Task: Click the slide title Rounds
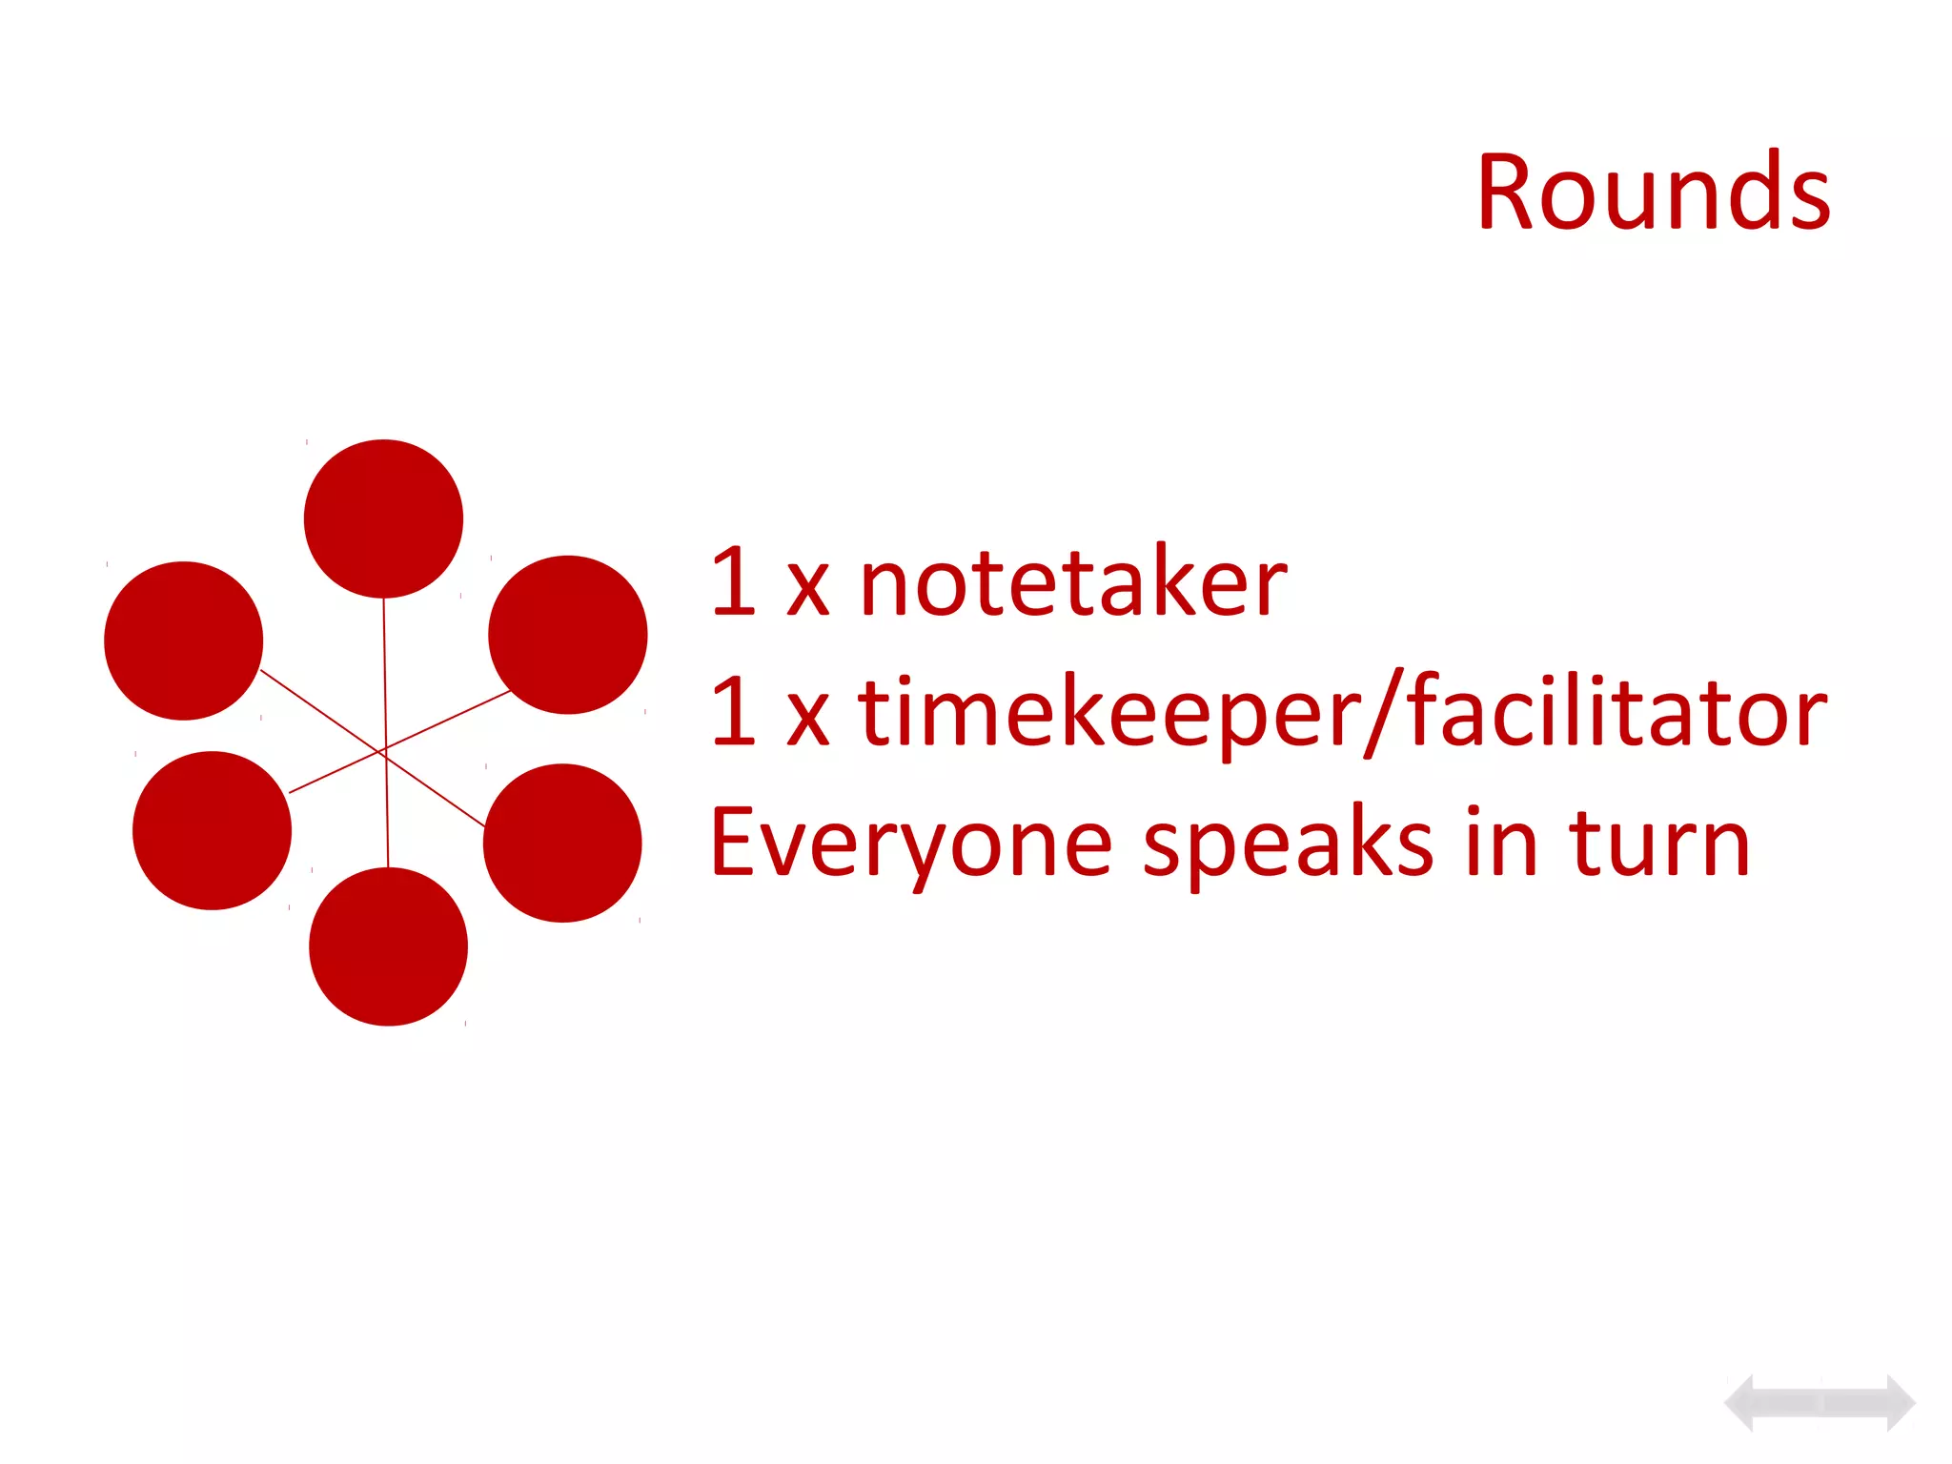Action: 1653,193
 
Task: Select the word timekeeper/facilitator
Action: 1342,712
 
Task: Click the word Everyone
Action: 911,843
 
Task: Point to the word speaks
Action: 1288,843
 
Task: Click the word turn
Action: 1659,843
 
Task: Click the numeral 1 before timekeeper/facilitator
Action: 733,712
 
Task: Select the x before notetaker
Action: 807,589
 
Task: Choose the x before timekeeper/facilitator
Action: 807,720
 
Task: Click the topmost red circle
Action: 383,518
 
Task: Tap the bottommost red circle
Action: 388,946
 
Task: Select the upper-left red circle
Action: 183,640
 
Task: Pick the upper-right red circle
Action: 567,635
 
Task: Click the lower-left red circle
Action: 212,830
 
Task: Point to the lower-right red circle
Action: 562,843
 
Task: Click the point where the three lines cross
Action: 385,751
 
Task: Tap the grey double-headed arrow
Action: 1820,1403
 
